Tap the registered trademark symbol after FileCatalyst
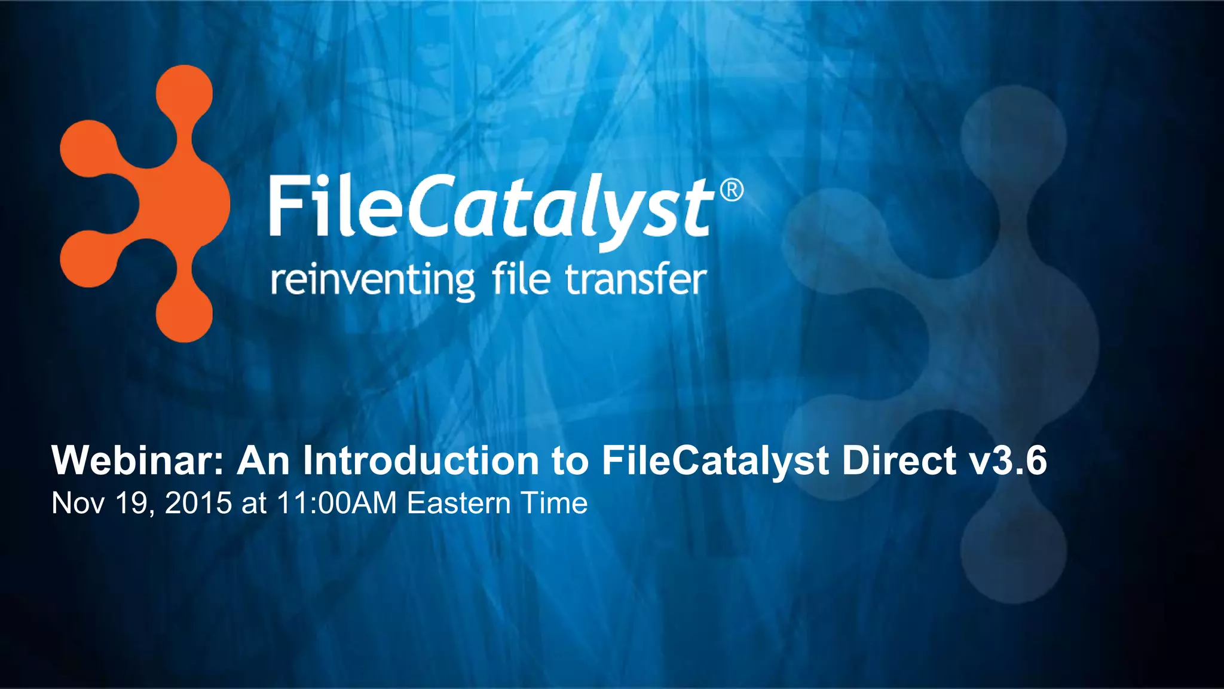point(732,191)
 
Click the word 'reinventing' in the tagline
point(372,281)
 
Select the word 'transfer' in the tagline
point(636,280)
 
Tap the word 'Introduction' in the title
point(418,461)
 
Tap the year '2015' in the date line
point(198,503)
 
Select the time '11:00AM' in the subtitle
point(336,503)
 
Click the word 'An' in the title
point(264,461)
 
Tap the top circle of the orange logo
point(184,93)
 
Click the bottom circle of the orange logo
point(184,314)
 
